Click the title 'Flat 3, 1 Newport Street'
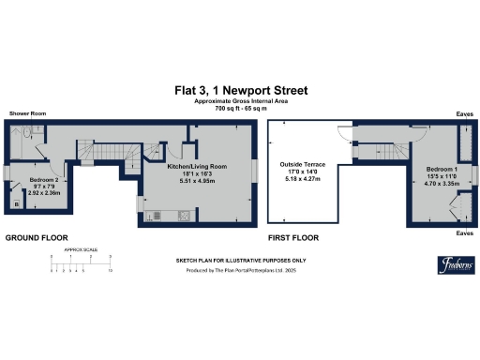click(240, 90)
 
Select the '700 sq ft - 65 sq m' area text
click(240, 109)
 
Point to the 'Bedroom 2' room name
click(43, 178)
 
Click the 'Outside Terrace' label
click(301, 164)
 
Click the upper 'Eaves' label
click(463, 113)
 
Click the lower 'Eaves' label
click(463, 232)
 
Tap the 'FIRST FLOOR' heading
click(293, 238)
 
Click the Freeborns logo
click(454, 263)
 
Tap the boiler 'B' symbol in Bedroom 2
click(17, 203)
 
